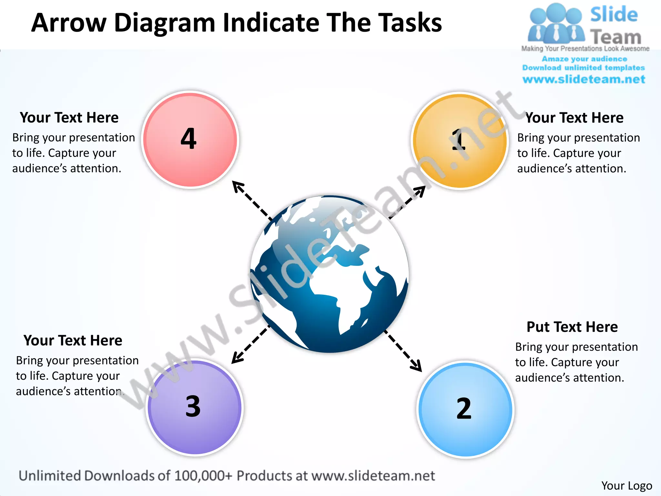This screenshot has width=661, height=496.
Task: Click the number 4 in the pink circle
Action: pyautogui.click(x=189, y=139)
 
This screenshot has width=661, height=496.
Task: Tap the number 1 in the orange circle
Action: pyautogui.click(x=458, y=139)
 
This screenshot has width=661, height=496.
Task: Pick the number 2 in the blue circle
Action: pyautogui.click(x=464, y=408)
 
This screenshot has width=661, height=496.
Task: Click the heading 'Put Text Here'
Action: pyautogui.click(x=572, y=327)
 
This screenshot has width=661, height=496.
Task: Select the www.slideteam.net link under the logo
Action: pyautogui.click(x=584, y=79)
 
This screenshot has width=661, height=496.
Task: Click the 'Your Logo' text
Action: pyautogui.click(x=626, y=485)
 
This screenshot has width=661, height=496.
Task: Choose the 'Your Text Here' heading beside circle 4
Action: pyautogui.click(x=69, y=118)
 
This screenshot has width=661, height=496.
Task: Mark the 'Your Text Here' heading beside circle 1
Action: pyautogui.click(x=575, y=118)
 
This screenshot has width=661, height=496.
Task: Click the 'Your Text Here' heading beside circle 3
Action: pyautogui.click(x=73, y=340)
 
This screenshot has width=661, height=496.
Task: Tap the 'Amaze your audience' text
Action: pyautogui.click(x=584, y=59)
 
